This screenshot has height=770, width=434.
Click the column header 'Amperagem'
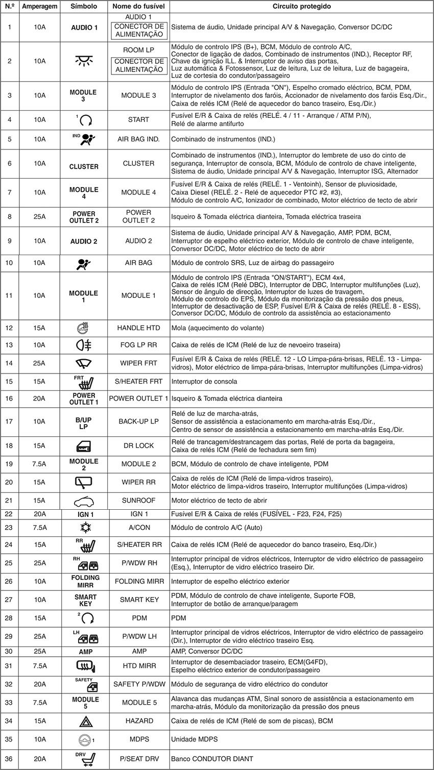(39, 7)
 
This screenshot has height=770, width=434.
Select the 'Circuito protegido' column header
(301, 7)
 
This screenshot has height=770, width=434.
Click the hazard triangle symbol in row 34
(84, 721)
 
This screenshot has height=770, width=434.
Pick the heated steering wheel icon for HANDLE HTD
(84, 328)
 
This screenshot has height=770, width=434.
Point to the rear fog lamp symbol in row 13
(84, 345)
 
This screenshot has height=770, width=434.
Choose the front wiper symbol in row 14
(84, 363)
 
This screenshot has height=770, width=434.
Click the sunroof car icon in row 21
(84, 501)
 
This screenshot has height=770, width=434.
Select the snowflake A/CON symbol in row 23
(84, 528)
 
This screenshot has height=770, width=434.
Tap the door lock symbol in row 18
(84, 445)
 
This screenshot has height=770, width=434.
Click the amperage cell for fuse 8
(39, 216)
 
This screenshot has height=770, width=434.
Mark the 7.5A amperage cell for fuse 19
(39, 464)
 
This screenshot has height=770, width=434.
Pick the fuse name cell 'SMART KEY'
(139, 600)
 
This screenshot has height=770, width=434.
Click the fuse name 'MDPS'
(139, 739)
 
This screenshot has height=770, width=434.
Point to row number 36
(10, 759)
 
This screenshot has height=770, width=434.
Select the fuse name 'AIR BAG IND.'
(139, 139)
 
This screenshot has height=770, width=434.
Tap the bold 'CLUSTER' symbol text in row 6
(84, 166)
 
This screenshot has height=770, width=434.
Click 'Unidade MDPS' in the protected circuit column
(194, 739)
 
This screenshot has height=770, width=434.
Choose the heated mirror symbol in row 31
(84, 665)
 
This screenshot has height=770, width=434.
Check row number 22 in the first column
(10, 514)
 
